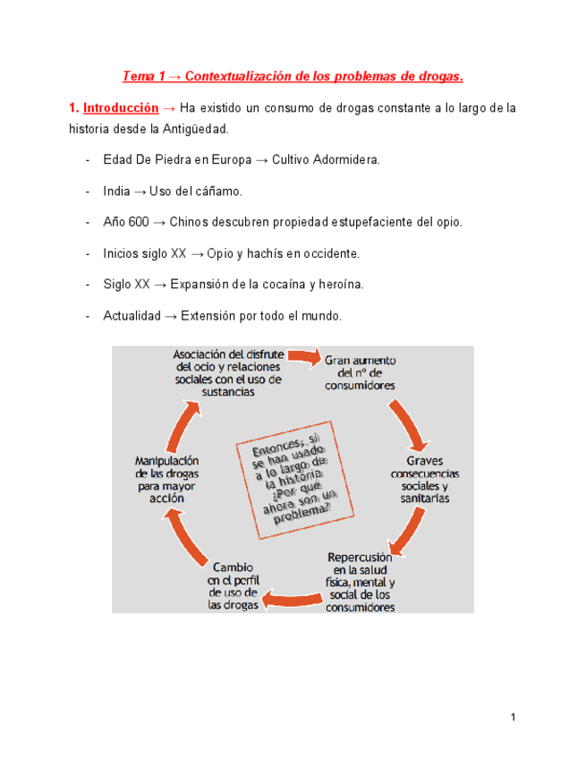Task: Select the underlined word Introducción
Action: tap(121, 108)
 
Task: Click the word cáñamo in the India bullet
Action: tap(219, 191)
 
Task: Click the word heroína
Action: tap(339, 285)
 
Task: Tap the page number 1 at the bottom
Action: tap(514, 717)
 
